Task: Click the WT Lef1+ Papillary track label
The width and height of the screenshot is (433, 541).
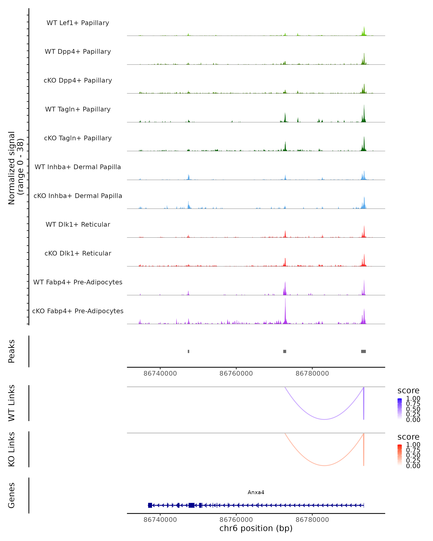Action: coord(78,23)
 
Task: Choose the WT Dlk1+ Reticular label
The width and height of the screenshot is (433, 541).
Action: coord(78,224)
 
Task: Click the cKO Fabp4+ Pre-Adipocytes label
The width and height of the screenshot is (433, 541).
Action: coord(78,311)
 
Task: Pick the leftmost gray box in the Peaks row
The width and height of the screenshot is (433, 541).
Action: coord(189,351)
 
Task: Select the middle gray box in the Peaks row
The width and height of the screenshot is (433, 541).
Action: coord(285,351)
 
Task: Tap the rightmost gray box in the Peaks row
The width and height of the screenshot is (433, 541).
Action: coord(364,351)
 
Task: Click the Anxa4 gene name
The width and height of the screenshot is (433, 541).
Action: coord(256,492)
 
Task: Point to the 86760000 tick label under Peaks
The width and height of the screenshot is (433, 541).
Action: coord(236,373)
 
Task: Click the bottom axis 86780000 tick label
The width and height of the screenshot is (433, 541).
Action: coord(312,520)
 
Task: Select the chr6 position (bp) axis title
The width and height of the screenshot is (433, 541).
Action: coord(256,528)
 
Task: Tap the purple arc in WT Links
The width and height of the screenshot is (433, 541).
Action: coord(324,419)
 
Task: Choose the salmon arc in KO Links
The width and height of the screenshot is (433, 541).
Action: coord(324,465)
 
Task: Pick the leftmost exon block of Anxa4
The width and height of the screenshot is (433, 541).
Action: coord(150,505)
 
